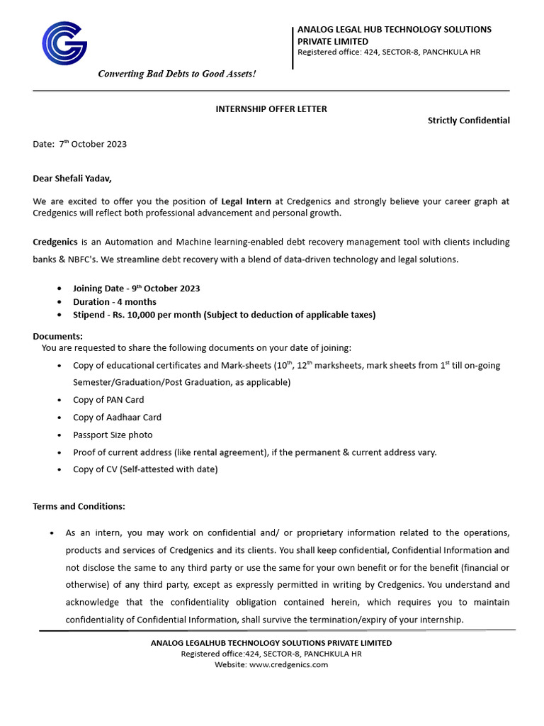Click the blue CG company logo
point(64,43)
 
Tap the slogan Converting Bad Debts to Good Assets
point(176,74)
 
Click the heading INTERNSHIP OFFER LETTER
point(271,108)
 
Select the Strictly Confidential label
point(468,121)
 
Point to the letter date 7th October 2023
point(93,144)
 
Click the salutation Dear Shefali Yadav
point(72,178)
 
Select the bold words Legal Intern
point(246,201)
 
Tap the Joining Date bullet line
point(136,289)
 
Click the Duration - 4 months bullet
point(115,302)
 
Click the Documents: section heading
point(57,336)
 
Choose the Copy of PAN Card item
point(108,400)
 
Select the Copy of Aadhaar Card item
point(117,418)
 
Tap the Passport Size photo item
point(113,435)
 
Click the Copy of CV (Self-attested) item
point(145,469)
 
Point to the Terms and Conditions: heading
point(79,506)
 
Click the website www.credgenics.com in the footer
point(288,664)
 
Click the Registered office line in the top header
point(389,52)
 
